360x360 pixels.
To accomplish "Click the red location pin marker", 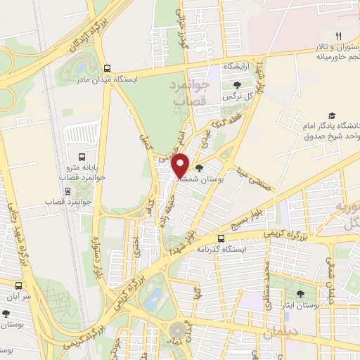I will click(181, 165).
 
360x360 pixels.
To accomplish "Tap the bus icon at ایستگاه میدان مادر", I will click(108, 69).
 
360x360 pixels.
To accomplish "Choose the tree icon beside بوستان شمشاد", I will click(200, 169).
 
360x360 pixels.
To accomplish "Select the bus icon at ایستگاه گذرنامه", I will click(221, 238).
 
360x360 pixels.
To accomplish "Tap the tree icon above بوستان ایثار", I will click(302, 294).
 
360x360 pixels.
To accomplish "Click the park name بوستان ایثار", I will click(302, 306).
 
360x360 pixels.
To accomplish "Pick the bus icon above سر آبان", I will click(19, 286).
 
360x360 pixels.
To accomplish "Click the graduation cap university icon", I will click(331, 116).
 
